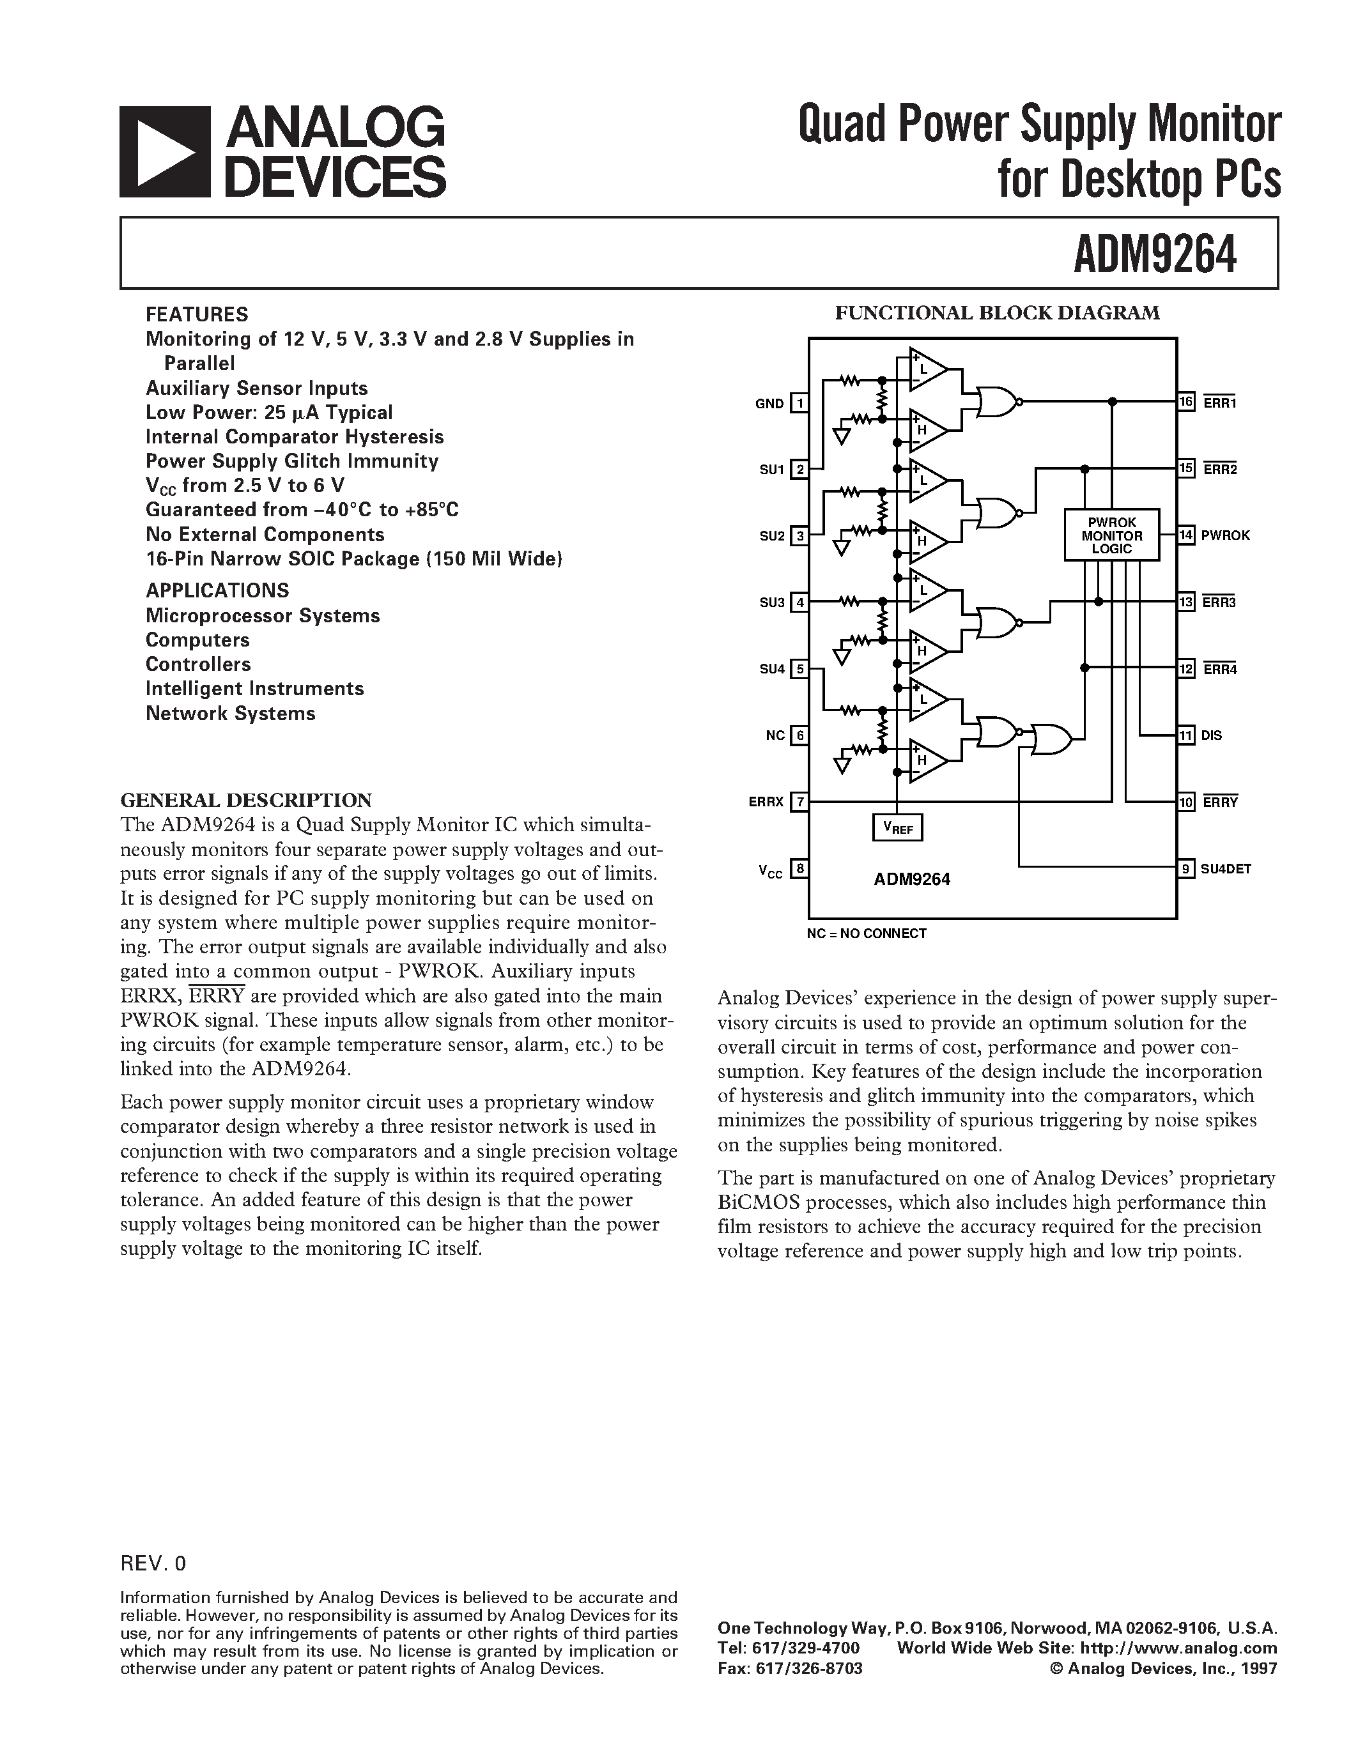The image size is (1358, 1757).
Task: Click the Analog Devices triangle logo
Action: click(x=165, y=151)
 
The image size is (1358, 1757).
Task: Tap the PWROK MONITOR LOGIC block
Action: click(x=1111, y=535)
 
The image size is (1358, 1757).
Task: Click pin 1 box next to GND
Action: click(x=799, y=403)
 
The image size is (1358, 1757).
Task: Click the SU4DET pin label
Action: click(x=1226, y=869)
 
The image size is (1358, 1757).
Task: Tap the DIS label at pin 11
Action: click(x=1211, y=735)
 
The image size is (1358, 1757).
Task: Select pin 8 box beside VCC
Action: click(x=799, y=869)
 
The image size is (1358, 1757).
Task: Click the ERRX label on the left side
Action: click(x=766, y=802)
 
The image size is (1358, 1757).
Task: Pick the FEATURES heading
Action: click(x=197, y=314)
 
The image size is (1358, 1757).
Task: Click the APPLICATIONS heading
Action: click(x=217, y=590)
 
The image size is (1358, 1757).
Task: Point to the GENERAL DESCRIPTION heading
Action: click(x=246, y=801)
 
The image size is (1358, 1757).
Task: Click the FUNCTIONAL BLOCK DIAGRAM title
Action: click(x=997, y=313)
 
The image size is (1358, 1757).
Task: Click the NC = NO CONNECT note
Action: click(x=867, y=933)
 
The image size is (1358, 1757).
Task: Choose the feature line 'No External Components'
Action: click(x=265, y=535)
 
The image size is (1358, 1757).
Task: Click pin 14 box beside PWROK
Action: click(x=1187, y=535)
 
